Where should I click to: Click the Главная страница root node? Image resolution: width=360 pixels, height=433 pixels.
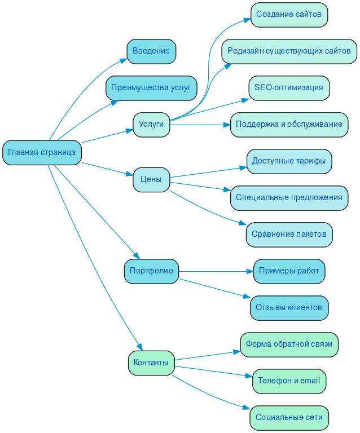pyautogui.click(x=42, y=153)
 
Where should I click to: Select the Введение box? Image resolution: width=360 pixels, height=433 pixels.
pyautogui.click(x=151, y=51)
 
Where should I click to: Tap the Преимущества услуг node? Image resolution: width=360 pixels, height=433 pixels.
pyautogui.click(x=151, y=88)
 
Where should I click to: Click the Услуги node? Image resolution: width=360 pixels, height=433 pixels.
pyautogui.click(x=151, y=125)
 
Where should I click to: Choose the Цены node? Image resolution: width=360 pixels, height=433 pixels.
pyautogui.click(x=151, y=180)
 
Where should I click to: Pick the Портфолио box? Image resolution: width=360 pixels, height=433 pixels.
pyautogui.click(x=151, y=271)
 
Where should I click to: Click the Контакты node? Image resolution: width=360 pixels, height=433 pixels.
pyautogui.click(x=151, y=363)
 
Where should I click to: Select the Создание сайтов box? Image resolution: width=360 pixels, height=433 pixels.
pyautogui.click(x=289, y=14)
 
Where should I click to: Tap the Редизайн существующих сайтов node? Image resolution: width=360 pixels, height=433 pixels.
pyautogui.click(x=289, y=51)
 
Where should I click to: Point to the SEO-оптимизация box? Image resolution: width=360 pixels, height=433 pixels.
pyautogui.click(x=289, y=88)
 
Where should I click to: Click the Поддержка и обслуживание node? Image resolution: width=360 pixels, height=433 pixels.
pyautogui.click(x=289, y=125)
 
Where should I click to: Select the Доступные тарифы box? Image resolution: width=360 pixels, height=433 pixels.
pyautogui.click(x=289, y=161)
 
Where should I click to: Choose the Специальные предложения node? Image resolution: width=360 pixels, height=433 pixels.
pyautogui.click(x=289, y=198)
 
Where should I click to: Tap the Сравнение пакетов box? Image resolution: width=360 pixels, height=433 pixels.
pyautogui.click(x=289, y=235)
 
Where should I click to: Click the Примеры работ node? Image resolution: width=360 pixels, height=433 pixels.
pyautogui.click(x=289, y=271)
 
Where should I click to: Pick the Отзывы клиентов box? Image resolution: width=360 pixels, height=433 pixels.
pyautogui.click(x=289, y=308)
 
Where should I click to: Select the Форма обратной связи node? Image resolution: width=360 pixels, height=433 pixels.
pyautogui.click(x=289, y=344)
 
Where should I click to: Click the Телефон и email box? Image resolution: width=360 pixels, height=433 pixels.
pyautogui.click(x=289, y=381)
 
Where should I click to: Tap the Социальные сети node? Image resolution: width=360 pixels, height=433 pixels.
pyautogui.click(x=289, y=418)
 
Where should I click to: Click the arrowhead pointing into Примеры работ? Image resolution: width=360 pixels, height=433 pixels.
pyautogui.click(x=250, y=271)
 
